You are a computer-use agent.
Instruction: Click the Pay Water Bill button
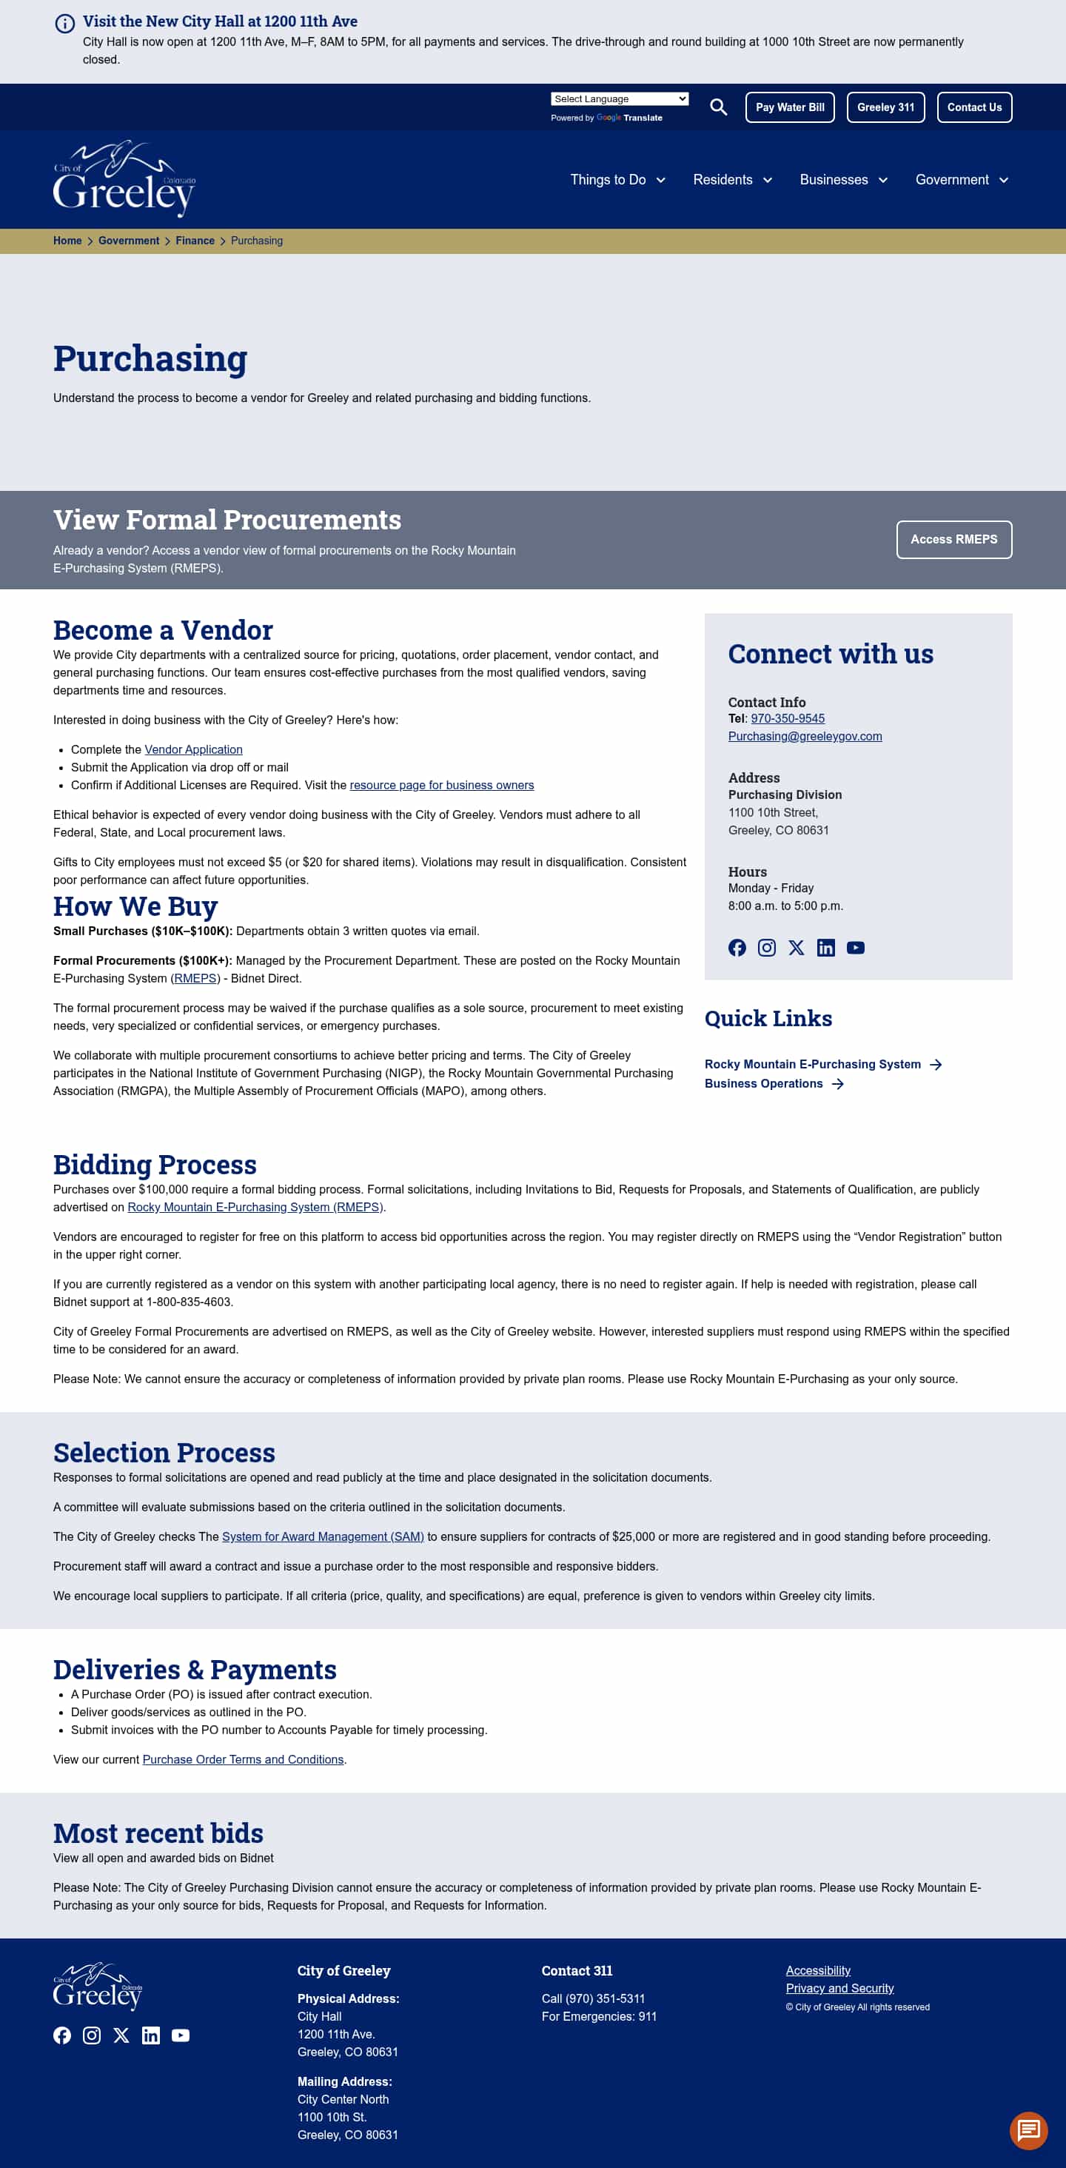789,107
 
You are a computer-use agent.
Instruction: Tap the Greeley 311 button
885,107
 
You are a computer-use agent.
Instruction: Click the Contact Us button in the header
973,107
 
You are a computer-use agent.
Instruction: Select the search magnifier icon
717,107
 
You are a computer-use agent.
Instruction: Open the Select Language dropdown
619,98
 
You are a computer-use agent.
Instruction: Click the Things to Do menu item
617,179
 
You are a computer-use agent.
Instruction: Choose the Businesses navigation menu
843,179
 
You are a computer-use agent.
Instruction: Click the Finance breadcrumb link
195,241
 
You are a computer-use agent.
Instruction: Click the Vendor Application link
192,749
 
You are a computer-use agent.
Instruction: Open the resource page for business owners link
441,784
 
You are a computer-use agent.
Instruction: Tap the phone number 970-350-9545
787,718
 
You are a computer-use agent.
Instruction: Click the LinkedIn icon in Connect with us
825,948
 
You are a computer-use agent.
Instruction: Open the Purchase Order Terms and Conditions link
242,1759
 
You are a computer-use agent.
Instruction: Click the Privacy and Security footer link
839,1988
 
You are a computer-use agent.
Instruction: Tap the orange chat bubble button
1028,2130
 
